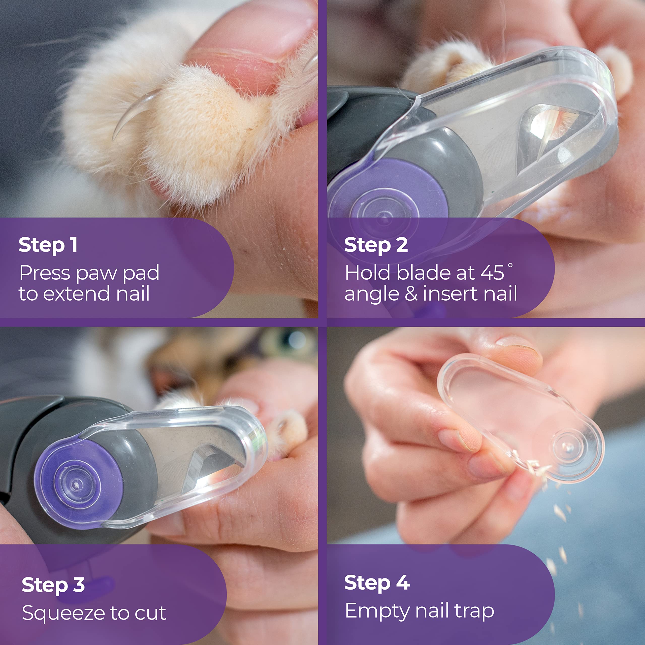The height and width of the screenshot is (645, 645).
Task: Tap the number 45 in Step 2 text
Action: [492, 273]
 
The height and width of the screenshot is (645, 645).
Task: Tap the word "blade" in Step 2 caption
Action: [423, 273]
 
